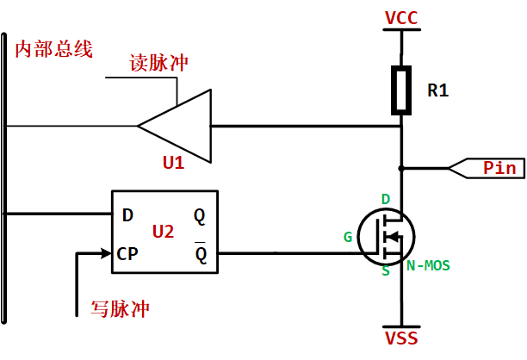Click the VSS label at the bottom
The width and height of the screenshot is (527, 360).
click(x=401, y=338)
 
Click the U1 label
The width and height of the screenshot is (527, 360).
click(x=173, y=162)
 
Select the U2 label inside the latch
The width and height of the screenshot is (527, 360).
click(x=164, y=231)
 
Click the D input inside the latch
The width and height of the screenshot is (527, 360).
click(x=127, y=214)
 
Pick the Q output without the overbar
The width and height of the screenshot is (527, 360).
click(x=200, y=214)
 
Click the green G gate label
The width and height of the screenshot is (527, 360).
click(x=348, y=236)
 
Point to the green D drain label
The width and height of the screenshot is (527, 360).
click(x=385, y=200)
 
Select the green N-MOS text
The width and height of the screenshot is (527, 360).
click(x=428, y=264)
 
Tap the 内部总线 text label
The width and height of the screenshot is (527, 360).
click(x=53, y=49)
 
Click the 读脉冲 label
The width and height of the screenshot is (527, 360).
click(x=158, y=64)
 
